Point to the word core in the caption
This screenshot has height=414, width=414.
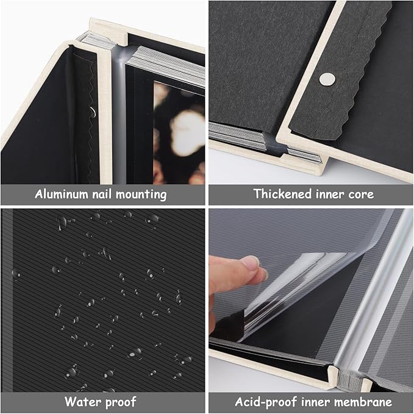[x=360, y=195]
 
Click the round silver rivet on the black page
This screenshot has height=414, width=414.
[x=328, y=78]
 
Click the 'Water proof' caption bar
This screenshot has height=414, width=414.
[x=102, y=402]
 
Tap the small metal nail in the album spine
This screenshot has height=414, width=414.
[x=91, y=111]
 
